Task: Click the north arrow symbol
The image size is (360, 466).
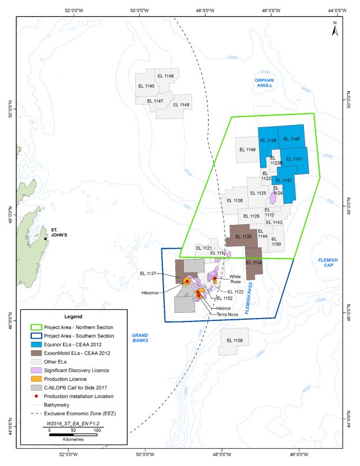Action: tap(334, 29)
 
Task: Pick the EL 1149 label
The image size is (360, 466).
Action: tap(247, 150)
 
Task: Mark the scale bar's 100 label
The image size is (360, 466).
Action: tap(97, 431)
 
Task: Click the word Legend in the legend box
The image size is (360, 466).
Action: tap(73, 317)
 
